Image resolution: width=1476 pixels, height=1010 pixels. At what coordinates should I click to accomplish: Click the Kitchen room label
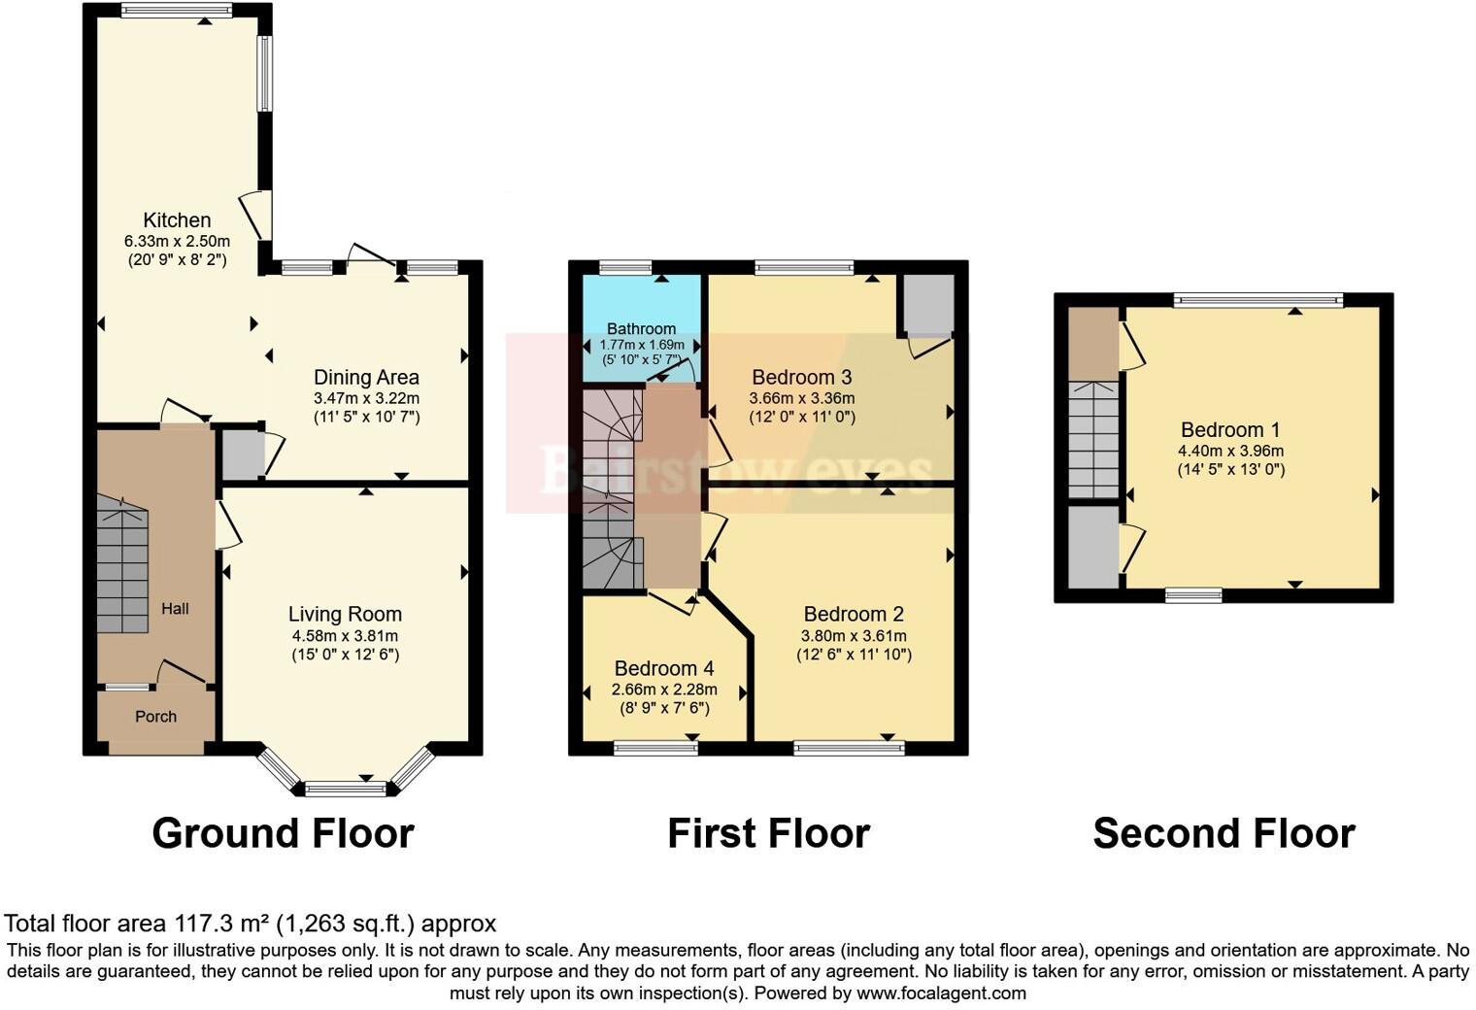pyautogui.click(x=177, y=220)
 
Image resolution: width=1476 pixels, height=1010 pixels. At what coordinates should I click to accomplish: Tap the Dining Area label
pyautogui.click(x=366, y=378)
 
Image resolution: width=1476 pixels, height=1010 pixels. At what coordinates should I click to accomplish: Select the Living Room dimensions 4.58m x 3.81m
pyautogui.click(x=345, y=636)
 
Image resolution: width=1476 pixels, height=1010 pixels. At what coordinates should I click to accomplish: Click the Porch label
pyautogui.click(x=155, y=717)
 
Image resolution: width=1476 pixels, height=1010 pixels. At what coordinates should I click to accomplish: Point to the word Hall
pyautogui.click(x=175, y=609)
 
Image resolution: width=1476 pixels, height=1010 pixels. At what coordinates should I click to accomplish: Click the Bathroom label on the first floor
pyautogui.click(x=641, y=329)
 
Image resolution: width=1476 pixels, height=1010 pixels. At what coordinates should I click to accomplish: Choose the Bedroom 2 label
pyautogui.click(x=854, y=615)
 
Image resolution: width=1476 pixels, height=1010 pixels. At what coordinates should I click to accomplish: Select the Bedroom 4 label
pyautogui.click(x=664, y=669)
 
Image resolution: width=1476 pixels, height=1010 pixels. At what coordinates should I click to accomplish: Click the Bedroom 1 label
pyautogui.click(x=1230, y=430)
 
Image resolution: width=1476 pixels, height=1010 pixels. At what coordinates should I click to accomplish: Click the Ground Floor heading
pyautogui.click(x=283, y=833)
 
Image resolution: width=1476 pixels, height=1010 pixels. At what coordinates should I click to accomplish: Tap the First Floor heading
pyautogui.click(x=768, y=833)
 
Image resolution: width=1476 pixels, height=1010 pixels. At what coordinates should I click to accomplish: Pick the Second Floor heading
pyautogui.click(x=1224, y=833)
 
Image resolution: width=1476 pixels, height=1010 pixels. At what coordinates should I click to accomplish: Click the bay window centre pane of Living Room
pyautogui.click(x=346, y=789)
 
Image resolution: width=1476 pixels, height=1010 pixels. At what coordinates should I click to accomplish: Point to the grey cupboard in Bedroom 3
pyautogui.click(x=928, y=304)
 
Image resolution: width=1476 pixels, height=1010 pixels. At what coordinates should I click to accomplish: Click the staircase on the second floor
pyautogui.click(x=1094, y=439)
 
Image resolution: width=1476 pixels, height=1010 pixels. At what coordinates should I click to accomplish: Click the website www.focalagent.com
pyautogui.click(x=941, y=993)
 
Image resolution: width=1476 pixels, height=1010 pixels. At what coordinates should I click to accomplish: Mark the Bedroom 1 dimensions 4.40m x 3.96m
pyautogui.click(x=1230, y=451)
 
